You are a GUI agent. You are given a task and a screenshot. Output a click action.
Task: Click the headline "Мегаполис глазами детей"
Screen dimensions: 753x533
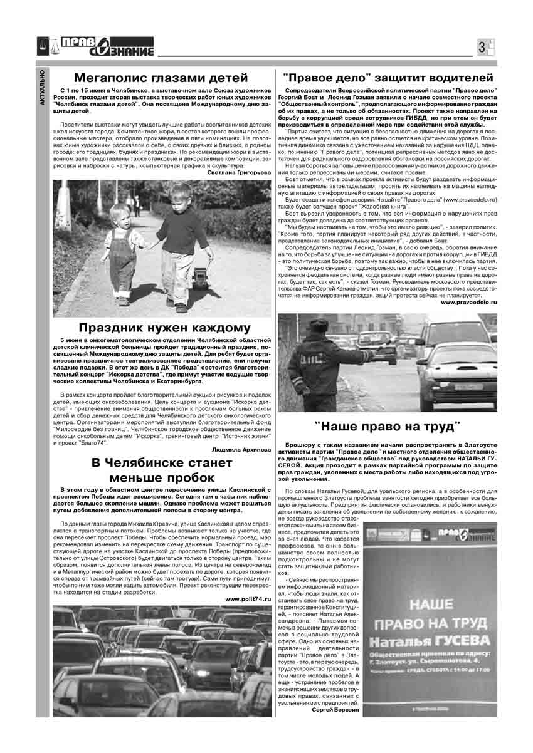161,78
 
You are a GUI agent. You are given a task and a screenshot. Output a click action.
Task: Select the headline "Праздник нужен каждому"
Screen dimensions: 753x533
164,328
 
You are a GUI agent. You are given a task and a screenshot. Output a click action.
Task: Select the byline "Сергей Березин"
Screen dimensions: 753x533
335,710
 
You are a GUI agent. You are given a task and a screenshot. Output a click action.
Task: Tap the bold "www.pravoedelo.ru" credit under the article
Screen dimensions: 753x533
468,302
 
